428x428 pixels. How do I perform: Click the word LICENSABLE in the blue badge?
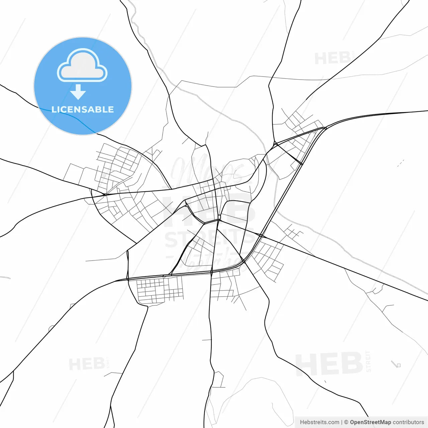pyautogui.click(x=83, y=110)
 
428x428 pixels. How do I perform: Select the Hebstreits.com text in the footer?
pyautogui.click(x=319, y=422)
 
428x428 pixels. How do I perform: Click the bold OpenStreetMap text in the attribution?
pyautogui.click(x=370, y=422)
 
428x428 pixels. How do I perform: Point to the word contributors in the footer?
pyautogui.click(x=408, y=422)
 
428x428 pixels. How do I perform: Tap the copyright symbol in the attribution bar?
pyautogui.click(x=346, y=422)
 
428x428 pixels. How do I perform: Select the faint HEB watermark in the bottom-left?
pyautogui.click(x=87, y=364)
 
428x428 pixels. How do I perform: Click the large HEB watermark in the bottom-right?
pyautogui.click(x=329, y=363)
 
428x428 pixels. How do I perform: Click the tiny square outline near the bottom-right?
pyautogui.click(x=398, y=365)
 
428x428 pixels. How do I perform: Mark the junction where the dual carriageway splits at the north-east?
pyautogui.click(x=325, y=128)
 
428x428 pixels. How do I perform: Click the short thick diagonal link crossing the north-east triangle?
pyautogui.click(x=289, y=154)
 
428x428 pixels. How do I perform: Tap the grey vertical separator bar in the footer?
pyautogui.click(x=342, y=422)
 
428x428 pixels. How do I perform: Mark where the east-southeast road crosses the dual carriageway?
pyautogui.click(x=261, y=236)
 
